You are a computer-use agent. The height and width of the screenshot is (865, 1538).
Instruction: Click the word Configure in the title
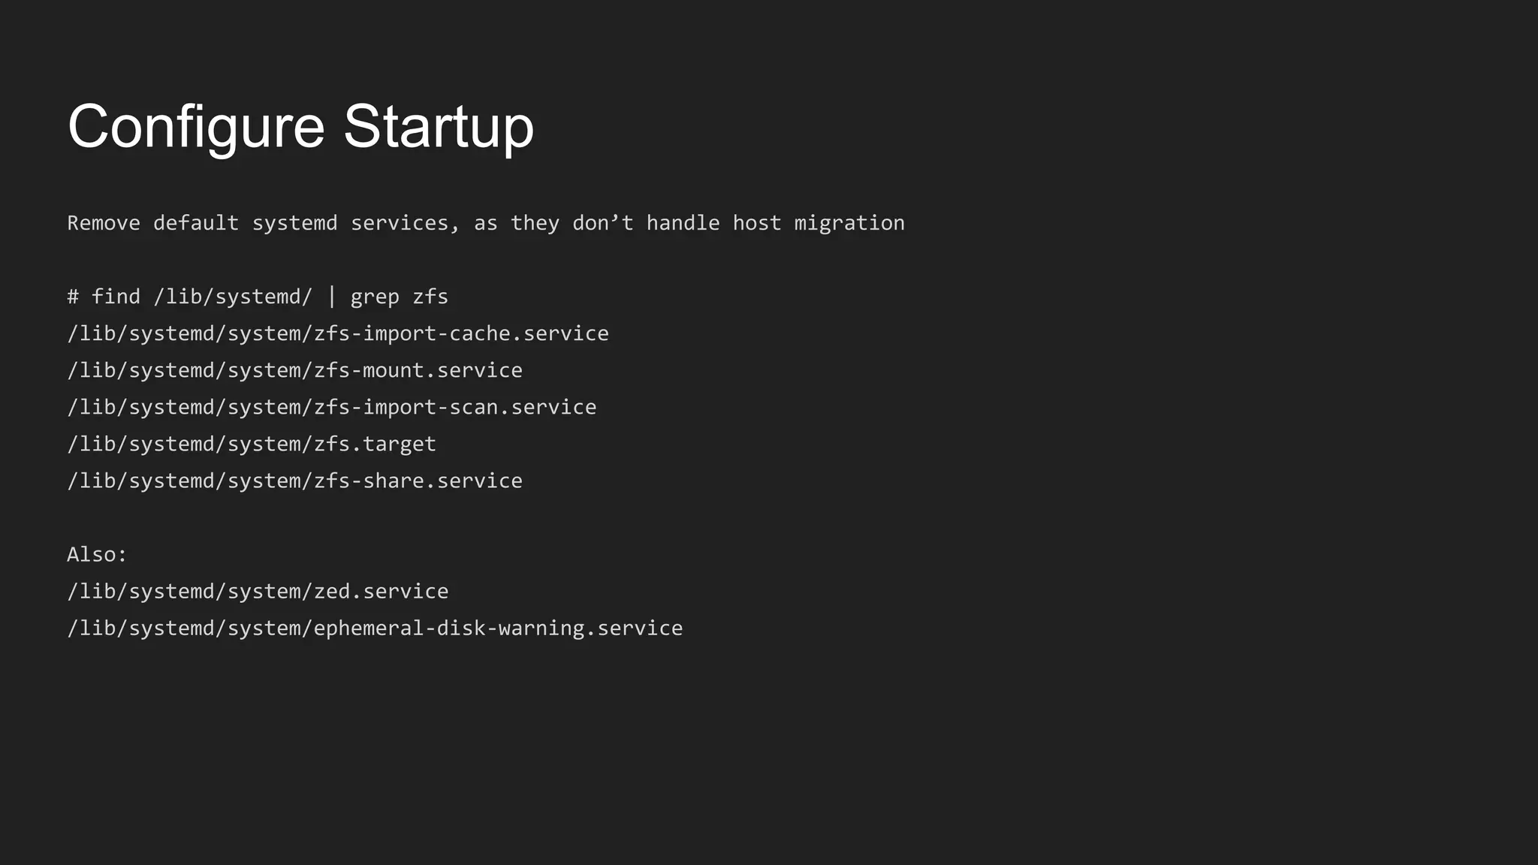[x=196, y=126]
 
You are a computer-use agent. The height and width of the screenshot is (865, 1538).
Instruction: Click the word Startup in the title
[x=439, y=126]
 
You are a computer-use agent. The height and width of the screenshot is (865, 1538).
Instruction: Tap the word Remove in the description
[x=104, y=223]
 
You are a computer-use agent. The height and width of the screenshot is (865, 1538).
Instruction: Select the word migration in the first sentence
[x=849, y=223]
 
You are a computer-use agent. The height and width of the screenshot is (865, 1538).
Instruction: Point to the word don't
[x=603, y=223]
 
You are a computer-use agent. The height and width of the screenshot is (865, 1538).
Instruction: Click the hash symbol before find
[x=73, y=297]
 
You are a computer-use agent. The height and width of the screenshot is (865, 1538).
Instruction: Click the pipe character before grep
[x=331, y=297]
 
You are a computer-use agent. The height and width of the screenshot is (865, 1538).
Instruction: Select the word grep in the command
[x=375, y=297]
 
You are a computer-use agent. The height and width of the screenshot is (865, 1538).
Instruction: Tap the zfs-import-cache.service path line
[x=338, y=333]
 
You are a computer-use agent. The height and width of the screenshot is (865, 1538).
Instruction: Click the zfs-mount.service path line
[x=294, y=370]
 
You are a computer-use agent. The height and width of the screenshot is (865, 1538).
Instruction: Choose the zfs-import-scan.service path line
[x=332, y=407]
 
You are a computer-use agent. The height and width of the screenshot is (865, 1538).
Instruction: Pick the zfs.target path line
[x=252, y=444]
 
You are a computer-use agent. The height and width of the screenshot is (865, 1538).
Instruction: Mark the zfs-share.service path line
[x=294, y=481]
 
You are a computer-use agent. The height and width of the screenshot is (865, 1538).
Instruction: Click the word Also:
[x=97, y=554]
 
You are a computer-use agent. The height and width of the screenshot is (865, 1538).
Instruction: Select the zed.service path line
[x=258, y=592]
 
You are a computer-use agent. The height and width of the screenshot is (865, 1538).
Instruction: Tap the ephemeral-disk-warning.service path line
[x=375, y=628]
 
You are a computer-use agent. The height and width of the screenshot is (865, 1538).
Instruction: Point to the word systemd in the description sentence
[x=294, y=223]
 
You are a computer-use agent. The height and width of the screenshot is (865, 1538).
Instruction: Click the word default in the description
[x=196, y=223]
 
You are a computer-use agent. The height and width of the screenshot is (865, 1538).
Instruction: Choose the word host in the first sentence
[x=756, y=223]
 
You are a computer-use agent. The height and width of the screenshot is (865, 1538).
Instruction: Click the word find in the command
[x=116, y=297]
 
